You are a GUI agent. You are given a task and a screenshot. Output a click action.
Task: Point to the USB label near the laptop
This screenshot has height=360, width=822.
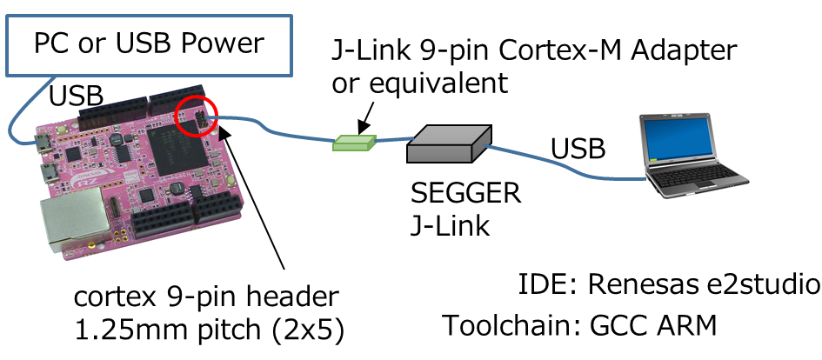click(578, 149)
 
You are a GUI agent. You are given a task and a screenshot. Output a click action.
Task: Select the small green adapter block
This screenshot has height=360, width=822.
click(353, 141)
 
